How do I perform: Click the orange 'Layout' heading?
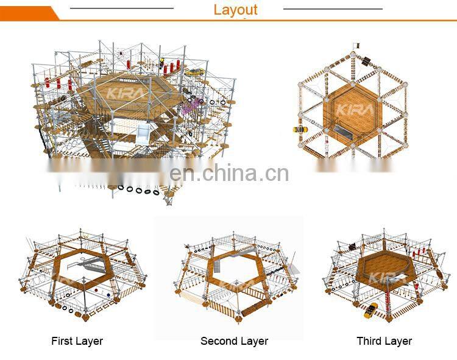coord(235,10)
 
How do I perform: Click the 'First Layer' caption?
coord(77,341)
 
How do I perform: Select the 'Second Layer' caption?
coord(235,341)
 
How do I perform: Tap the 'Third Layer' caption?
coord(384,341)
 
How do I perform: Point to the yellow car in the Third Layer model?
coord(370,310)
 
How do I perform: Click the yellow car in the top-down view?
coord(299,129)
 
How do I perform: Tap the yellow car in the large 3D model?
coord(194,72)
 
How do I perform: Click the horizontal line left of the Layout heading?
coord(122,9)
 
